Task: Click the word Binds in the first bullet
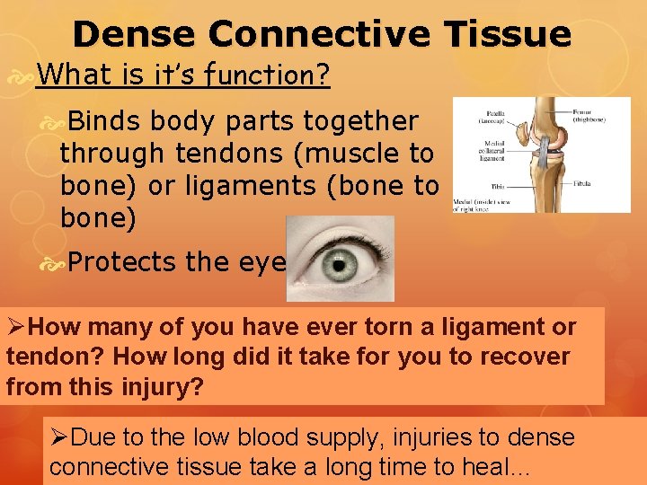pyautogui.click(x=105, y=120)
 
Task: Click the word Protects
pyautogui.click(x=122, y=262)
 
